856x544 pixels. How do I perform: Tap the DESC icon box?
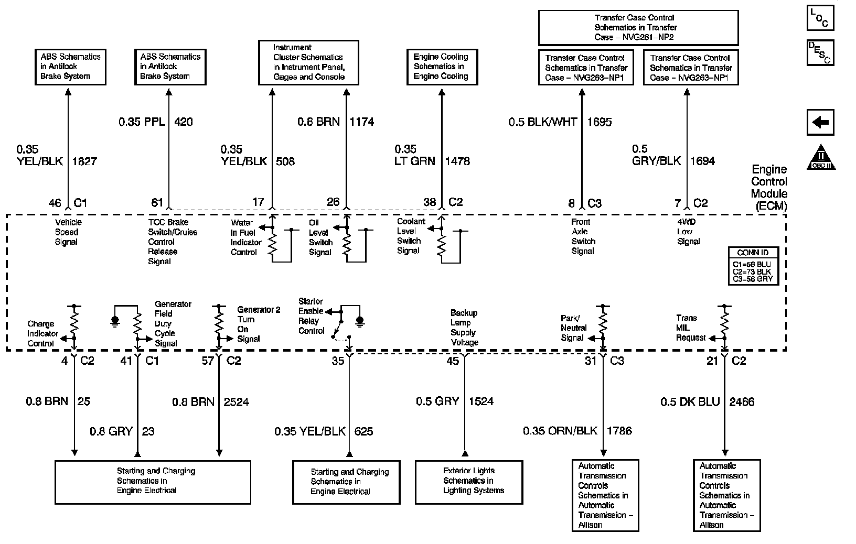click(820, 52)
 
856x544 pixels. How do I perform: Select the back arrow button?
click(820, 123)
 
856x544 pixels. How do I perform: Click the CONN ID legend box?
click(753, 266)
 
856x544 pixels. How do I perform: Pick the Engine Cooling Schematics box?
click(441, 67)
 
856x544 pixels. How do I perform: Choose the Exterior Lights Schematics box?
click(469, 482)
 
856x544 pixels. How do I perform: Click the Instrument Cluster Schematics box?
click(309, 62)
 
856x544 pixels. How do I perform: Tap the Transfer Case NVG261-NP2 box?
click(638, 27)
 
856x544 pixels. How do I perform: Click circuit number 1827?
click(84, 161)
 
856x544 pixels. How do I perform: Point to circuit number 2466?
click(742, 402)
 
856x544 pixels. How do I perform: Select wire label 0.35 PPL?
click(142, 122)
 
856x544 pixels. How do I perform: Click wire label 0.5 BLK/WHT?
click(543, 122)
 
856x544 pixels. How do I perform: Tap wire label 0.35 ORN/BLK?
click(560, 431)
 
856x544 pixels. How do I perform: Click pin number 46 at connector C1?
click(55, 203)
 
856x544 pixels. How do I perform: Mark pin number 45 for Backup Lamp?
click(452, 361)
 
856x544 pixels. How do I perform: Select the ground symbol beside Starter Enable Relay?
click(359, 320)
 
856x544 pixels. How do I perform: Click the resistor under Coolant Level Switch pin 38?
click(441, 244)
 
